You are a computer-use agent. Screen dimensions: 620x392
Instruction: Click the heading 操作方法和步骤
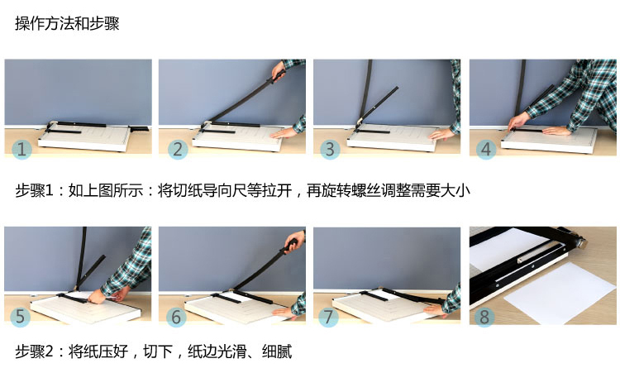67,23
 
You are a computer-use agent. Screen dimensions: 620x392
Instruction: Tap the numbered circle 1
21,149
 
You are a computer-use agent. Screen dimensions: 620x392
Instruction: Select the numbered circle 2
178,149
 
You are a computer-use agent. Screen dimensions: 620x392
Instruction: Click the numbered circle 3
330,149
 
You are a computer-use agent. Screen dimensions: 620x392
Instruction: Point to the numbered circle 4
486,149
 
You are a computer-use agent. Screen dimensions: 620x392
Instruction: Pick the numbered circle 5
20,317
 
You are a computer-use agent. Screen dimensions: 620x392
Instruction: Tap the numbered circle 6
176,317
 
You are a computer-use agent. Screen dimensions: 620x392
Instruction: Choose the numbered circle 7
328,317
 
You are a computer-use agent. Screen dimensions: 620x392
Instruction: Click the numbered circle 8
484,317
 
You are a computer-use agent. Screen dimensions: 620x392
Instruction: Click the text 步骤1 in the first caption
34,190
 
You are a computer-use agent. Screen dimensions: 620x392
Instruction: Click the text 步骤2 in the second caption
34,351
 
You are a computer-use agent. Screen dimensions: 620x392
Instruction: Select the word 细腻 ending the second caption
277,351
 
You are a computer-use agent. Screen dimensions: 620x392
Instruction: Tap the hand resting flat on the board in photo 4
556,131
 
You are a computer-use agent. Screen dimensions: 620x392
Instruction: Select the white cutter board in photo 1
85,137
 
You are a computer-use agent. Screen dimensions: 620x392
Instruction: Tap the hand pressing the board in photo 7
434,309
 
